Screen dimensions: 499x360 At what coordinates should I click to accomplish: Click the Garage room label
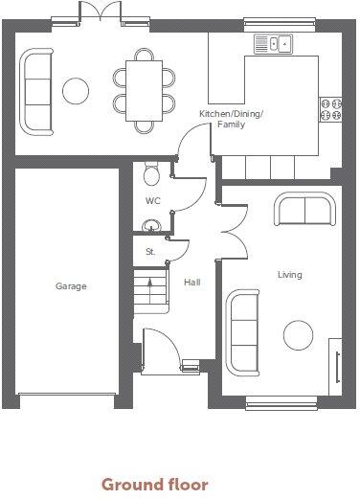point(71,286)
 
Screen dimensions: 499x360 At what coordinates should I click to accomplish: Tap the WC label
point(152,201)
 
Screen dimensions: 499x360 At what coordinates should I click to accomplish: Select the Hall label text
point(191,283)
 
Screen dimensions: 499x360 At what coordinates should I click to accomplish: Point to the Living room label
point(290,275)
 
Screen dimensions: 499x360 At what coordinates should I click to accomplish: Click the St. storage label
point(150,252)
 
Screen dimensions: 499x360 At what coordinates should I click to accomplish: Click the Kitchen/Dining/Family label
point(231,119)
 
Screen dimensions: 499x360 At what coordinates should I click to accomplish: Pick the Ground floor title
point(154,485)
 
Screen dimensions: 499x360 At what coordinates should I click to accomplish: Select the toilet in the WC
point(149,173)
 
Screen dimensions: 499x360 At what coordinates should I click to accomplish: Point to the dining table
point(145,90)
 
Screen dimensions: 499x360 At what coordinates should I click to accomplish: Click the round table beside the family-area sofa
point(76,91)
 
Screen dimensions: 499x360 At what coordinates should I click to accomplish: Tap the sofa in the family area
point(38,90)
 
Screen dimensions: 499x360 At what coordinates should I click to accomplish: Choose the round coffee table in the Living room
point(299,335)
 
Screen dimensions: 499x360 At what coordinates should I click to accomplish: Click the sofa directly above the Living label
point(304,210)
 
